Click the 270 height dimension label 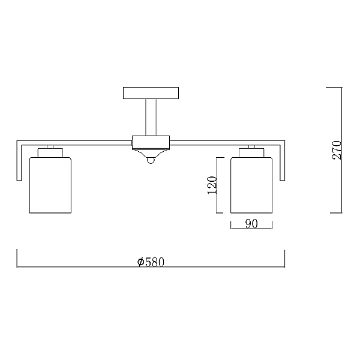coord(337,150)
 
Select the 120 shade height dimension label coord(211,185)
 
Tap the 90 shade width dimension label coord(251,224)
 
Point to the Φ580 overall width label coord(151,262)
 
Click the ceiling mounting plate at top coord(151,93)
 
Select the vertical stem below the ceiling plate coord(151,118)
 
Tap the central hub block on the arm coord(151,143)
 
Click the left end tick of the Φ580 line coord(16,258)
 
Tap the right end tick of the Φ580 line coord(284,258)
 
